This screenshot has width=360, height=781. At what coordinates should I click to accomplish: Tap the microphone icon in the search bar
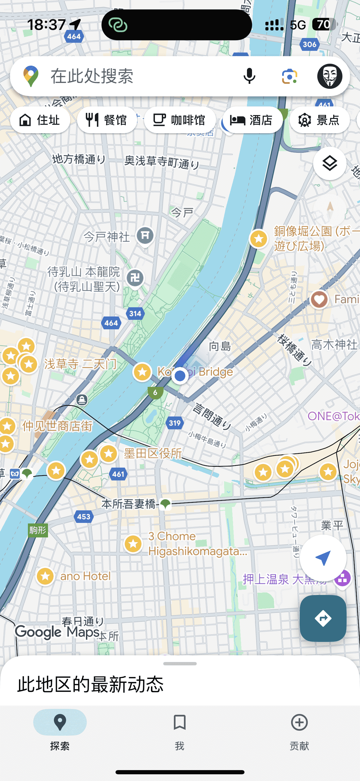tap(249, 76)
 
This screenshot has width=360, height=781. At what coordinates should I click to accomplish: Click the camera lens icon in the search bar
tap(289, 76)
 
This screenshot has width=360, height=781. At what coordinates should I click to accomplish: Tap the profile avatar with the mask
tap(330, 76)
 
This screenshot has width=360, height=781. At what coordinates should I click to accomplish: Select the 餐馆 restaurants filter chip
tap(107, 120)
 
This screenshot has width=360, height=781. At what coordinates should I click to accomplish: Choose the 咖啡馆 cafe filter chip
tap(180, 120)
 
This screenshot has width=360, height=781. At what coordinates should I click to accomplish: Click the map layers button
tap(330, 164)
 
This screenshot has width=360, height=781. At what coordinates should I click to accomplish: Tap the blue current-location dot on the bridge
tap(180, 376)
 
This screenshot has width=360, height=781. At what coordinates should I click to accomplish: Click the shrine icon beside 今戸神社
tap(145, 235)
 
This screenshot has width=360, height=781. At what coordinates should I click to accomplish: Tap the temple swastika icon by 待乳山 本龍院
tap(135, 277)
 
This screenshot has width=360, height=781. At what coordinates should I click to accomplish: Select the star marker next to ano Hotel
tap(45, 576)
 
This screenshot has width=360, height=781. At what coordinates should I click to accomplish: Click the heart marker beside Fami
tap(319, 299)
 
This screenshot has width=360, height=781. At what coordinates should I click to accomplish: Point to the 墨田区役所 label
tap(153, 454)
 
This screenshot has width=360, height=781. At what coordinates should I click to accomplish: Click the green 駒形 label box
tap(38, 530)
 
